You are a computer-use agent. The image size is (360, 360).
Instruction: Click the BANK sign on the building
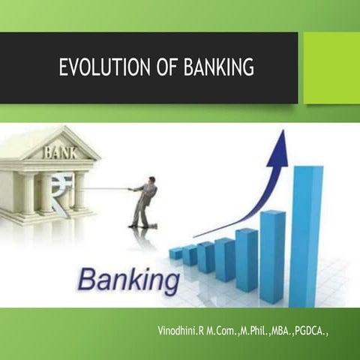pyautogui.click(x=59, y=152)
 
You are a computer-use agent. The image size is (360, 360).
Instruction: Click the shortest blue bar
pyautogui.click(x=175, y=253)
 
